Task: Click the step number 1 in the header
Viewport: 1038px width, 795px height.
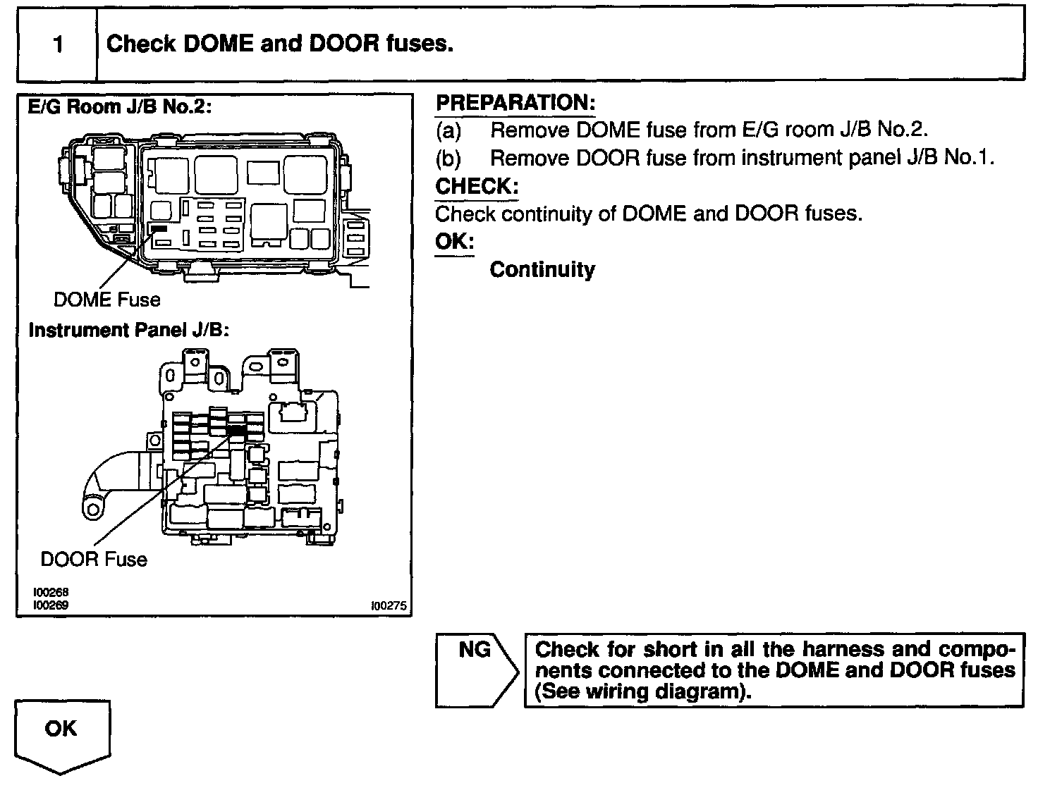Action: pos(58,45)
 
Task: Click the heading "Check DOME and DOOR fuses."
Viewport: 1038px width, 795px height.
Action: pos(279,44)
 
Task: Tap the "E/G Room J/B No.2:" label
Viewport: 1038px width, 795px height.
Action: pos(119,107)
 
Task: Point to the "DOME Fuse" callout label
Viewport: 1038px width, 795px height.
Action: pos(106,300)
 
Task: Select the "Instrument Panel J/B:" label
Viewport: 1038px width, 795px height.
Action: pos(128,330)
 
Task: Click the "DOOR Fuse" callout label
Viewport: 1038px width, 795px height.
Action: pos(94,560)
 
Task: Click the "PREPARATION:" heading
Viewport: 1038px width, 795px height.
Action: pos(515,103)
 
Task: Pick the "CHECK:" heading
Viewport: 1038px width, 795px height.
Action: pos(477,187)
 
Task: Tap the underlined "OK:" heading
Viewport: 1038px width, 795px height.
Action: pos(454,242)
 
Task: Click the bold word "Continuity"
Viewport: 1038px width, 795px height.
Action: pos(542,270)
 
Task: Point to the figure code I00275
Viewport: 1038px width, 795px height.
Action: pos(389,605)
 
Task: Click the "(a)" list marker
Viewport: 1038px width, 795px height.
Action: pos(448,130)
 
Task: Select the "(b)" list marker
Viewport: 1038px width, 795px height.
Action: pos(448,158)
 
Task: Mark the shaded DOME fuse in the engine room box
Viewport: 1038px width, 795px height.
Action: pos(158,229)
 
